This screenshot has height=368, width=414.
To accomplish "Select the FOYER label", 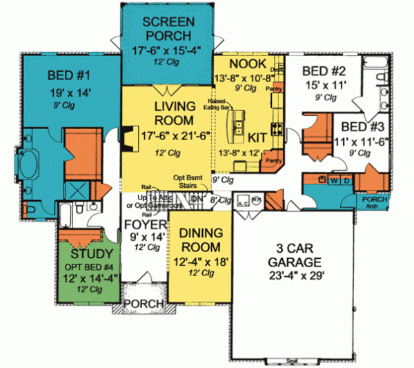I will tap(145, 226).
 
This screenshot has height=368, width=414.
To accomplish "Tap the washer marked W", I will tap(335, 180).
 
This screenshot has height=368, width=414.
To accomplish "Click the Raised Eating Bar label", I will tap(226, 105).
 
